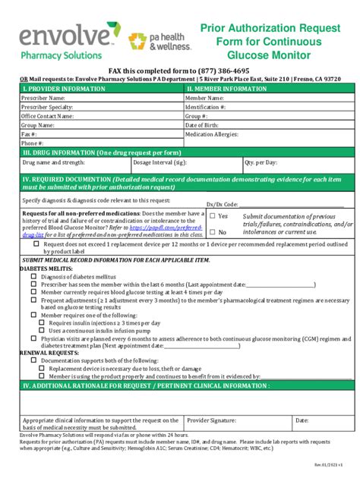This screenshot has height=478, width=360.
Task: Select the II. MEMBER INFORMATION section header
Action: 226,89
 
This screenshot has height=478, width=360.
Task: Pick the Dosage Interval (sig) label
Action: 160,162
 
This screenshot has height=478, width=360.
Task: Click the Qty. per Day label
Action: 261,162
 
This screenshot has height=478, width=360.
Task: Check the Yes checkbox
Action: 213,216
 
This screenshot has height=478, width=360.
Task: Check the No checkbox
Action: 213,232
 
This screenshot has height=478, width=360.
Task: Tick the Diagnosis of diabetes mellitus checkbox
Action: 33,276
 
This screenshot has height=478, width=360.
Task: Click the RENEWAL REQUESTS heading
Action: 35,353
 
